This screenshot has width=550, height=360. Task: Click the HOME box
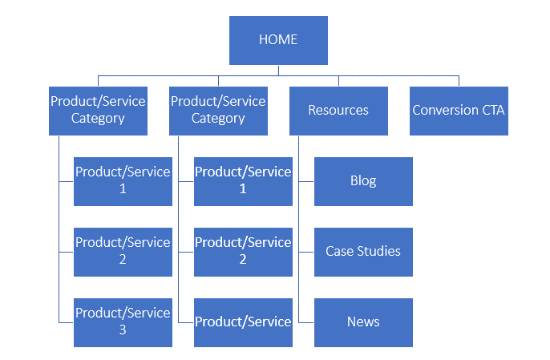coord(278,40)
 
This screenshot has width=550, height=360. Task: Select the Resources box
coord(338,111)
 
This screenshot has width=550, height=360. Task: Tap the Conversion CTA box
coord(459,111)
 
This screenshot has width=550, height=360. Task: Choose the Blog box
coord(363,181)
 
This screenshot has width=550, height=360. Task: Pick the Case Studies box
coord(363,252)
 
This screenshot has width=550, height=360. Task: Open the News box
coord(363,322)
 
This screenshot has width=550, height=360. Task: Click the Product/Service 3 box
coord(123,322)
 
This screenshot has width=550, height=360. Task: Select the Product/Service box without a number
coord(243,322)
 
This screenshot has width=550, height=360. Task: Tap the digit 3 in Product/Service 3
coord(123,330)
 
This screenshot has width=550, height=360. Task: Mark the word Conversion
coord(446,110)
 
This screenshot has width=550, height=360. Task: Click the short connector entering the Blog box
coord(306,181)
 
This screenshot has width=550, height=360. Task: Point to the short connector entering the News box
coord(306,322)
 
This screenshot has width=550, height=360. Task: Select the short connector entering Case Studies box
coord(306,252)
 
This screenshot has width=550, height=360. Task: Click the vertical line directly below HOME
coord(278,71)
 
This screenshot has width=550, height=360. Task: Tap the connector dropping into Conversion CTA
coord(459,81)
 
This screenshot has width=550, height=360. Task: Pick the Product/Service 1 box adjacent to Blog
coord(243,181)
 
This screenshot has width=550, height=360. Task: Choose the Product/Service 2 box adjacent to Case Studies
coord(243,252)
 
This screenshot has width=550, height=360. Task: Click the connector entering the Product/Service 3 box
coord(66,322)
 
